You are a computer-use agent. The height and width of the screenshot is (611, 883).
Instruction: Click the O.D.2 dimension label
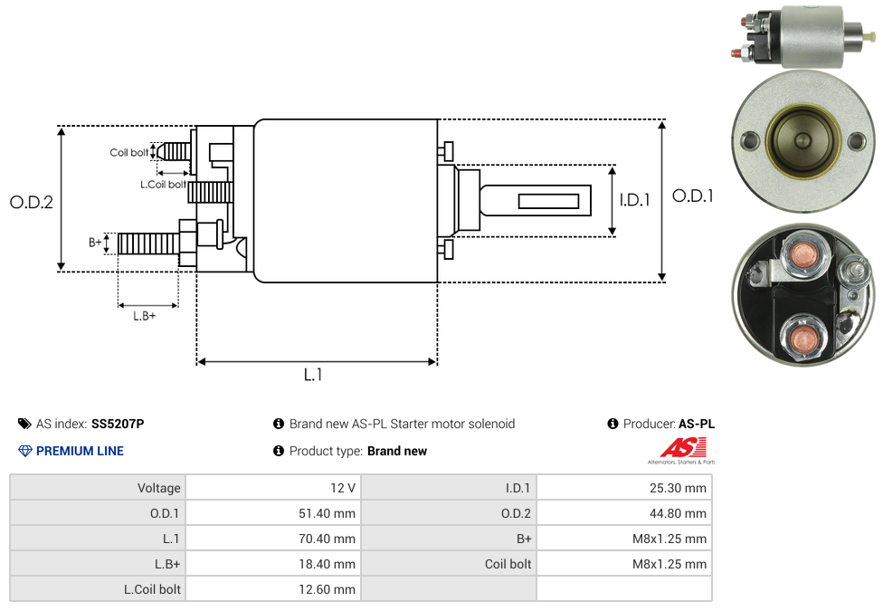(x=32, y=202)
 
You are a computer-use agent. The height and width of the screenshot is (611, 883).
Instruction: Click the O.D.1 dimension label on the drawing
(x=692, y=196)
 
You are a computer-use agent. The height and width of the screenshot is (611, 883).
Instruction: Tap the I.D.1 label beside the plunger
(x=634, y=200)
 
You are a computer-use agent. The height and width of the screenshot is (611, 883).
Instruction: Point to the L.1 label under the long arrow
(x=312, y=374)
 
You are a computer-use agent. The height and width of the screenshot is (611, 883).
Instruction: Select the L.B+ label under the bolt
(x=145, y=316)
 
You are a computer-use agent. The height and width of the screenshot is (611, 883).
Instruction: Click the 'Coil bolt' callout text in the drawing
(x=129, y=152)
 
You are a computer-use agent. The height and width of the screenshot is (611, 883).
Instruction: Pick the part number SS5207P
(x=118, y=424)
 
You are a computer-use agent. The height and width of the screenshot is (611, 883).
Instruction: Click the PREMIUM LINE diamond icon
(x=25, y=451)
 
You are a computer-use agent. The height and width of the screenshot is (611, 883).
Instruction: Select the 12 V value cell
(x=343, y=488)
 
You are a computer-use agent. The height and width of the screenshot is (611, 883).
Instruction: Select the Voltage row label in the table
(x=159, y=488)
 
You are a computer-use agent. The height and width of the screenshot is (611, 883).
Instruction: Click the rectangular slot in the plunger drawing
(x=549, y=200)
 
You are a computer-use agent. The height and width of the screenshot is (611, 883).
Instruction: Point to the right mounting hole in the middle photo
(x=856, y=141)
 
